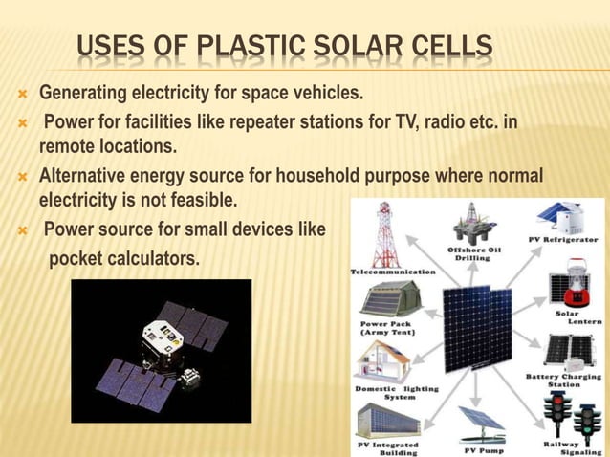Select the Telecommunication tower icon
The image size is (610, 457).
[385, 233]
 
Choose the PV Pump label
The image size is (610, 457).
[483, 449]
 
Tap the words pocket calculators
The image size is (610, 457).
[124, 258]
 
